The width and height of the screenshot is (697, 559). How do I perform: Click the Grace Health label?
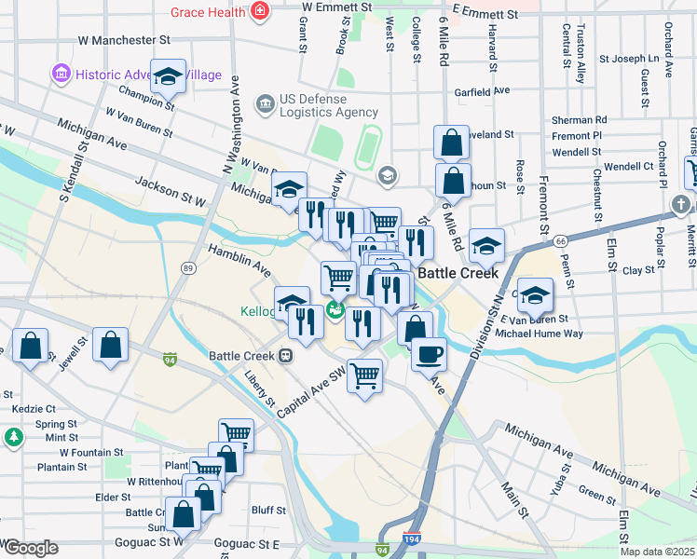coord(208,12)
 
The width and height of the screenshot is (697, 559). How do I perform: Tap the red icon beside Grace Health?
coord(260,12)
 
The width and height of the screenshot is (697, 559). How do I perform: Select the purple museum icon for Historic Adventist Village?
coord(61,74)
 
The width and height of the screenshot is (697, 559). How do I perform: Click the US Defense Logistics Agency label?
coord(314,106)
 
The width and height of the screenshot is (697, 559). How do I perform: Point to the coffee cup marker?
coord(429,354)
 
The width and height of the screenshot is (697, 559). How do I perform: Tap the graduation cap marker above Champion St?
coord(168,77)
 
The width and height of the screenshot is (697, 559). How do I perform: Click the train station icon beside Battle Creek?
coord(286,356)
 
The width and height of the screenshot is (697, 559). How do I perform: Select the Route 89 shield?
coord(188,268)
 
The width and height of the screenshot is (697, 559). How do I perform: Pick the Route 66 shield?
coord(559,240)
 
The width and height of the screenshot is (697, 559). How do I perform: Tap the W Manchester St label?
coord(125,41)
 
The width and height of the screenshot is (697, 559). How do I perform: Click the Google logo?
coord(31,548)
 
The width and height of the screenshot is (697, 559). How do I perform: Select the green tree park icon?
coord(13,436)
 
